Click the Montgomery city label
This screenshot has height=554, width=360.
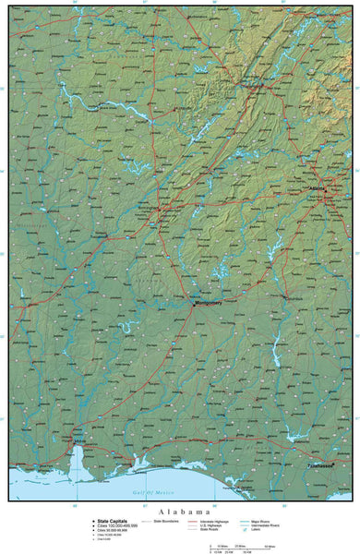tap(208, 277)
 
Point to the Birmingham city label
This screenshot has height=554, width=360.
tap(149, 208)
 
